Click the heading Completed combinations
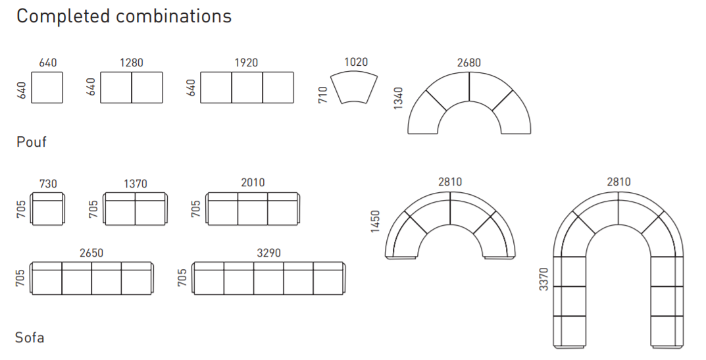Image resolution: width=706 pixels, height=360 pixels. (124, 16)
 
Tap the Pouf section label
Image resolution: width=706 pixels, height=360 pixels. (32, 142)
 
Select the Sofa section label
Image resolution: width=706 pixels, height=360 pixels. (30, 338)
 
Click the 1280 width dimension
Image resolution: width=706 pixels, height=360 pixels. (132, 62)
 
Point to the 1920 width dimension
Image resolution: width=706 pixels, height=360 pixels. (246, 62)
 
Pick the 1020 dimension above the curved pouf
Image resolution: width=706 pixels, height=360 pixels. (356, 62)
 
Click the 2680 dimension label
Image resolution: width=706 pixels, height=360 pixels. (469, 63)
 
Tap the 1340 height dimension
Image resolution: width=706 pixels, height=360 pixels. (398, 98)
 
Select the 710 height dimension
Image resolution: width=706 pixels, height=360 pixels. (323, 95)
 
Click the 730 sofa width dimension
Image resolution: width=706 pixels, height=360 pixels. (48, 184)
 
